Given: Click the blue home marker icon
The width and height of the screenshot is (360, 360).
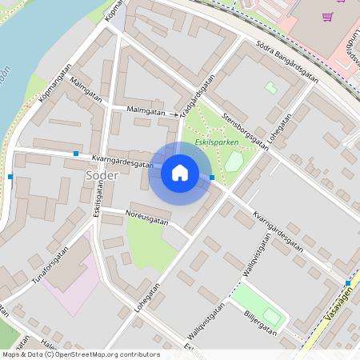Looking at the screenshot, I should click(x=180, y=172).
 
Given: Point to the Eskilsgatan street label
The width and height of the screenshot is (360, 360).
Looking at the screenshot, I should click(x=99, y=200).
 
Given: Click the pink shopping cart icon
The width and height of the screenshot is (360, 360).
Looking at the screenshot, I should click(x=326, y=16).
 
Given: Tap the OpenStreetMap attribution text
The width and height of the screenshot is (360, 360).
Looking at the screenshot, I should click(x=80, y=354).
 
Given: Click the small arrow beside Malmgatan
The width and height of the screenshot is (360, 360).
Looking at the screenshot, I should click(x=174, y=114).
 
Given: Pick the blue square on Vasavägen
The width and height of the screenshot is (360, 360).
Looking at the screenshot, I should click(x=348, y=283).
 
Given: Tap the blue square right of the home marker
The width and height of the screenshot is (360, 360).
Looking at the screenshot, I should click(x=211, y=178).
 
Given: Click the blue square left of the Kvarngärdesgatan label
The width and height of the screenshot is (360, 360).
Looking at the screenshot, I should click(x=76, y=153).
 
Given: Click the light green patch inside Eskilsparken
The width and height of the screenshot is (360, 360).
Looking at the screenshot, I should click(x=234, y=162).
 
